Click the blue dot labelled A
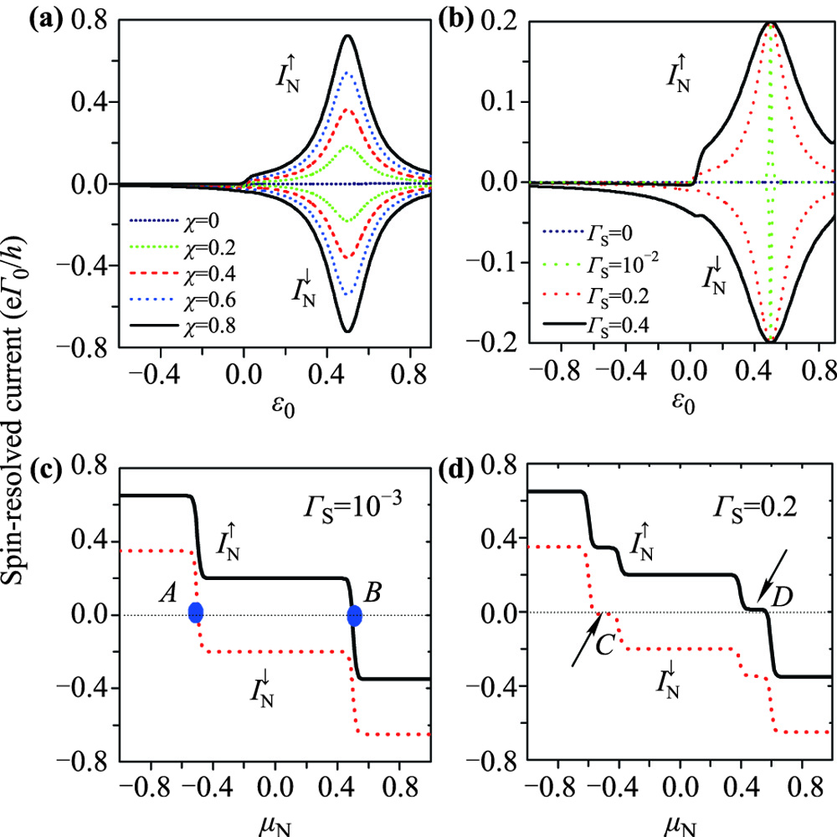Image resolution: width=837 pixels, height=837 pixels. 196,612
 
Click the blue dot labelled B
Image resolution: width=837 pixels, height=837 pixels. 354,616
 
